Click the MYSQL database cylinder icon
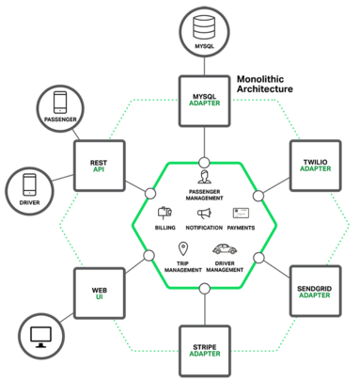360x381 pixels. (204, 27)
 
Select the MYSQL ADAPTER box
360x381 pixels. (204, 102)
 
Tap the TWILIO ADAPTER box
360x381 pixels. (315, 166)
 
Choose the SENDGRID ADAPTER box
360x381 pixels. (315, 291)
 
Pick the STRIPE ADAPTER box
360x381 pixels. (205, 351)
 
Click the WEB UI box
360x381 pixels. (100, 294)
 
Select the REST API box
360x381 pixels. (100, 166)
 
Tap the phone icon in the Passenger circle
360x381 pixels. (60, 103)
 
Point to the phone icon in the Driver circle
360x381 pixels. (29, 185)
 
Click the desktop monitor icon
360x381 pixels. (40, 337)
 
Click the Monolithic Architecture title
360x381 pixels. (265, 84)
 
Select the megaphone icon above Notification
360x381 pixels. (204, 214)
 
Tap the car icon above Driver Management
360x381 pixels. (225, 249)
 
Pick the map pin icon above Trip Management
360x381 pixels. (183, 248)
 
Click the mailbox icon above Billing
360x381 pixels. (165, 213)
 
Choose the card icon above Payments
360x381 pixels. (241, 214)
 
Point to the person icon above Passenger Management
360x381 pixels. (204, 177)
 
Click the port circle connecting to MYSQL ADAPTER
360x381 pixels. (204, 163)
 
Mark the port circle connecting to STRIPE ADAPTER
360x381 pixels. (205, 289)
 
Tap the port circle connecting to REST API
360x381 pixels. (150, 194)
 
